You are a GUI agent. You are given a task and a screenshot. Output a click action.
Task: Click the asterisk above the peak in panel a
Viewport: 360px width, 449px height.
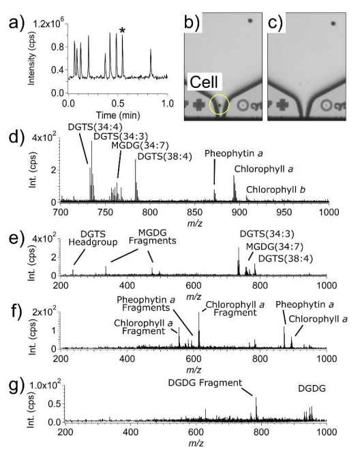[123, 31]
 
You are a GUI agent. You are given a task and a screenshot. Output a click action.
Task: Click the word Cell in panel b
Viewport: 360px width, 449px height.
[204, 82]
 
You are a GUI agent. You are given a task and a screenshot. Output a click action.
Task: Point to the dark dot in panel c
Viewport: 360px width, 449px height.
[333, 23]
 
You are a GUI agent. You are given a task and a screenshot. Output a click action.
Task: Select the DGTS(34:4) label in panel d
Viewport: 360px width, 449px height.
[95, 127]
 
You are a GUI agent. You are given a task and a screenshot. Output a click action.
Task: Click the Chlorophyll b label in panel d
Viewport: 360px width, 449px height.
[275, 189]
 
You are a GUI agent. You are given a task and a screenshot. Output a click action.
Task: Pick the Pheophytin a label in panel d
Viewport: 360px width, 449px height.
[234, 153]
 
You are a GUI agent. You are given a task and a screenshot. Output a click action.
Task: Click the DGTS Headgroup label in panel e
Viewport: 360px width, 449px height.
[93, 238]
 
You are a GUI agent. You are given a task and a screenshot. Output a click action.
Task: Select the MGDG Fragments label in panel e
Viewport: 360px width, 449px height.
[153, 236]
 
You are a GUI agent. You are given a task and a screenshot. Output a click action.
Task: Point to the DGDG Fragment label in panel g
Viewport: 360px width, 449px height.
[205, 382]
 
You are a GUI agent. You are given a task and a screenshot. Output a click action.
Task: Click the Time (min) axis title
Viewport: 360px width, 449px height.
[118, 115]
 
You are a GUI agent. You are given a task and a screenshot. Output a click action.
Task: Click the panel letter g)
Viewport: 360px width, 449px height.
[16, 388]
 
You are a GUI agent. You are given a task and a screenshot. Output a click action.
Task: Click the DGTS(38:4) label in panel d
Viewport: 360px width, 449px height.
[165, 157]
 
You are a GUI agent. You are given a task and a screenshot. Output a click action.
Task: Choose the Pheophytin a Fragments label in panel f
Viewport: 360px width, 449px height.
[146, 304]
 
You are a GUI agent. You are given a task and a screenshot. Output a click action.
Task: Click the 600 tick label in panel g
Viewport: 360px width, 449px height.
[196, 432]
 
